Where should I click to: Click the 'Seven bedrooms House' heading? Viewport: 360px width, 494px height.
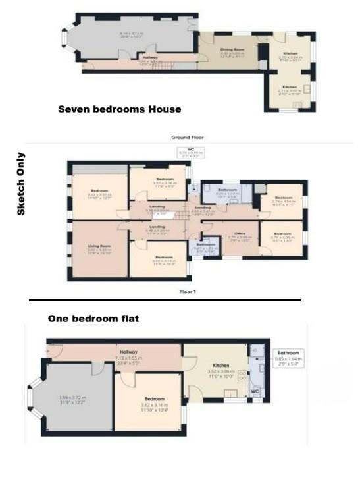click(119, 109)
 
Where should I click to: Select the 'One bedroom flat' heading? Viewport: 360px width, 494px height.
click(93, 319)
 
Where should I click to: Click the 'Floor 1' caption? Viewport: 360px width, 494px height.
click(188, 290)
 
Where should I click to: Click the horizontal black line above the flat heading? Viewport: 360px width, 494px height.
click(165, 300)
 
